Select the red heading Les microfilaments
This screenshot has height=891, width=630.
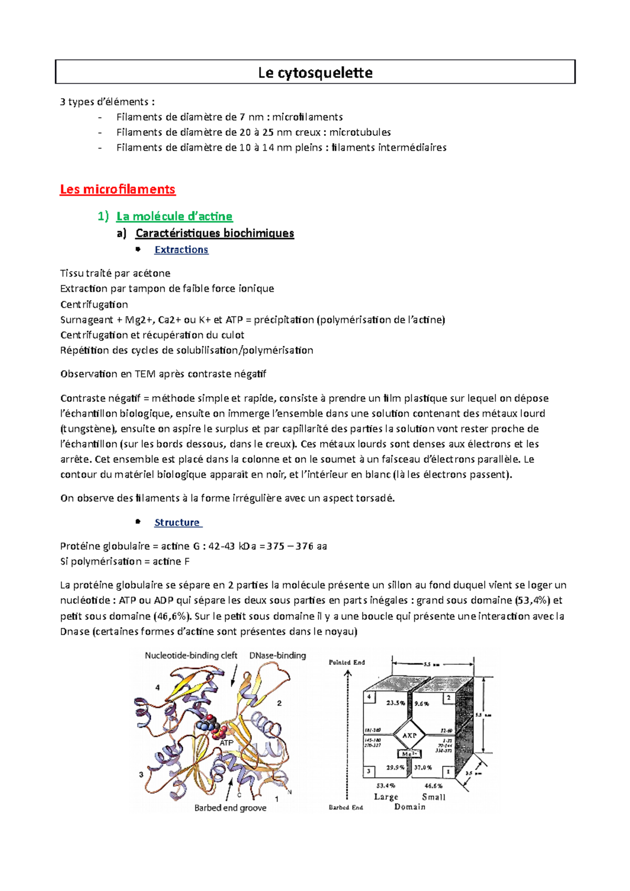coord(118,189)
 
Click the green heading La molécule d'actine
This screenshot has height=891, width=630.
coord(174,216)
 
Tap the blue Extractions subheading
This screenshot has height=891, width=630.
coord(181,250)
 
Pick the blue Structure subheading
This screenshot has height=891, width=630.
coord(177,523)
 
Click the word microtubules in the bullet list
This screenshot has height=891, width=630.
coord(360,132)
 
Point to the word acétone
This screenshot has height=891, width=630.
coord(151,273)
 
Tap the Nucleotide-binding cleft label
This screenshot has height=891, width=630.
coord(191,655)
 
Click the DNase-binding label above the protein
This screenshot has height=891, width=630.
coord(277,655)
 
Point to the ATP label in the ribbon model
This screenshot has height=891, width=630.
coord(226,743)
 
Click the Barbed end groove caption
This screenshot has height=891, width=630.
coord(230,808)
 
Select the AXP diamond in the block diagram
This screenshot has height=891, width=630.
coord(409,735)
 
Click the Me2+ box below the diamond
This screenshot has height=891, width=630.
coord(409,754)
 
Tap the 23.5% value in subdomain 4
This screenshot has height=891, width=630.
coord(395,703)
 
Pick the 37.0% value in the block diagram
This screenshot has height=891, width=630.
coord(423,767)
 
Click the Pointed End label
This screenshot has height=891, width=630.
coord(346,662)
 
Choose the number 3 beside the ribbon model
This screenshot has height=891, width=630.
coord(141,775)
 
